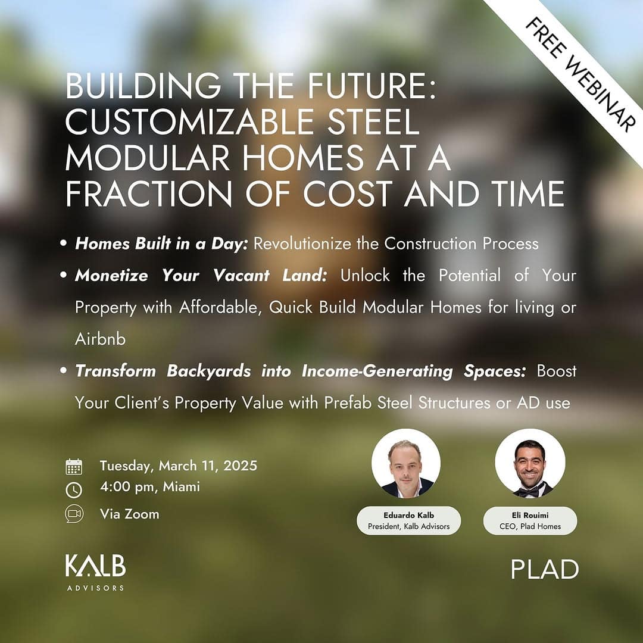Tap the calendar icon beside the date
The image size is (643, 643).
pos(74,467)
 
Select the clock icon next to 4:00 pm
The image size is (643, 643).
pos(74,489)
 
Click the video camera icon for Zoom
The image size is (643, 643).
pos(74,514)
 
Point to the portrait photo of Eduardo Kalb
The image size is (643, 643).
pos(406,463)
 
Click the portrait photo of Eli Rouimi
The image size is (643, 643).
pos(530,463)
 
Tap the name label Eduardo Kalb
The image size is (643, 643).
pos(408,515)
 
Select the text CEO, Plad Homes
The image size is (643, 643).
pos(530,526)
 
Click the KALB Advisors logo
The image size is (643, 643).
pos(95,573)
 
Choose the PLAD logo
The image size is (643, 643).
pos(545,569)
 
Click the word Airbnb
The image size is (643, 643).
pos(100,339)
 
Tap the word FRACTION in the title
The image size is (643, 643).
pos(149,193)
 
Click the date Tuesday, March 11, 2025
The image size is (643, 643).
pos(179,466)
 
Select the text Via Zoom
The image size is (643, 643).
pos(129,514)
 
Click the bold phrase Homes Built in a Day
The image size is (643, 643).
pos(161,244)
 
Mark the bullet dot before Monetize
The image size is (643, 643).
pos(63,274)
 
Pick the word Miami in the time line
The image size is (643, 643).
pos(181,487)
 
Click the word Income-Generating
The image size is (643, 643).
pos(377,371)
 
